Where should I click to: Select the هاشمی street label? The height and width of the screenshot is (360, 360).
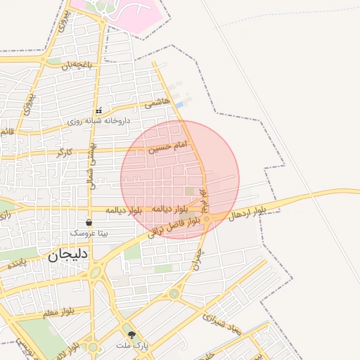pos(157,103)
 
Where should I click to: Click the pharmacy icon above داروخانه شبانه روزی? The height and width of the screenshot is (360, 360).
pos(98,110)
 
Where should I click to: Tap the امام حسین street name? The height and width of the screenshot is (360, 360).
pos(168,147)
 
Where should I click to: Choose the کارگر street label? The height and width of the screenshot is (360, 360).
pos(63,152)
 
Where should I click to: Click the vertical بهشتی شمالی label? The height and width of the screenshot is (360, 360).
pos(91,168)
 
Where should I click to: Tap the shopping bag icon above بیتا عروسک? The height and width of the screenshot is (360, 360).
pos(89,221)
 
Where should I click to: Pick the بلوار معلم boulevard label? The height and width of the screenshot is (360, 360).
pos(58,311)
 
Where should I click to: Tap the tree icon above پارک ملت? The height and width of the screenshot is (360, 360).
pos(131,335)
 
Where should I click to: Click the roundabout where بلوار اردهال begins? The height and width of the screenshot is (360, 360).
pos(207,219)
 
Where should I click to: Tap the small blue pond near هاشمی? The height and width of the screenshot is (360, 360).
pos(180,105)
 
